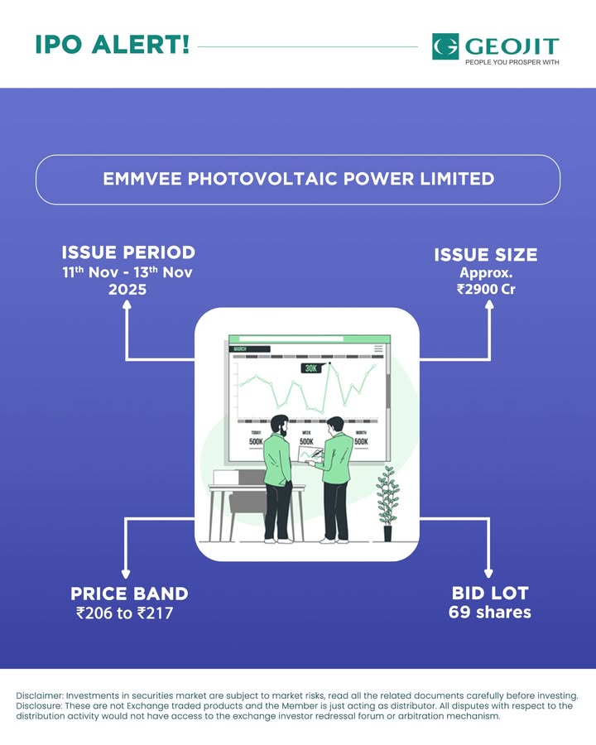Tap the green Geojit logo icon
coord(445,46)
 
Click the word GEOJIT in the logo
coord(512,45)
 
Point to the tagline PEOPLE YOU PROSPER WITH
coord(512,62)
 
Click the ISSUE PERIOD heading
coord(128,252)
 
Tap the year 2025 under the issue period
coord(128,291)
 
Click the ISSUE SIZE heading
coord(485,255)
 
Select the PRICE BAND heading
coord(129,594)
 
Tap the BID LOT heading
coord(490,594)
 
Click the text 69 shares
coord(490,613)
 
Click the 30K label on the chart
coord(311,368)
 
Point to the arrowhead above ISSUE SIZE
coord(489,305)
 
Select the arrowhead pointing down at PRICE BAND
coord(127,573)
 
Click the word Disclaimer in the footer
coord(39,695)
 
